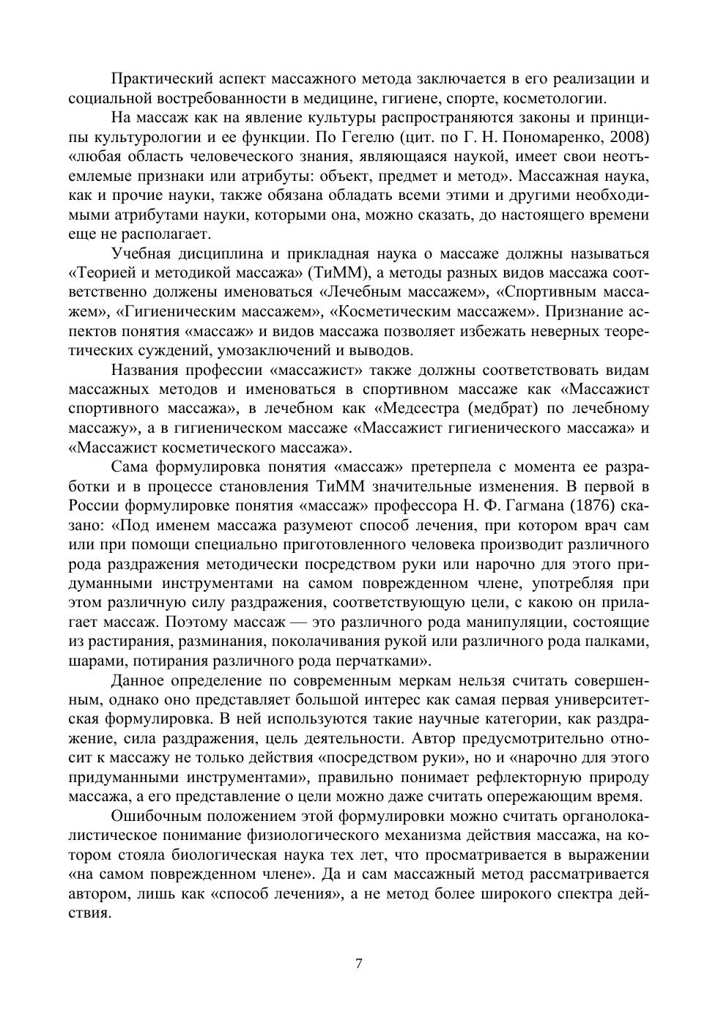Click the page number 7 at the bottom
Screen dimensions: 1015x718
click(358, 964)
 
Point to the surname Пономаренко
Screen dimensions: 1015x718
click(554, 137)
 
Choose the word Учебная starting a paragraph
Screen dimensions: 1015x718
click(143, 254)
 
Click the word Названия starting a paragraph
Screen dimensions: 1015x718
click(147, 370)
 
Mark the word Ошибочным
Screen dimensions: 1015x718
click(157, 816)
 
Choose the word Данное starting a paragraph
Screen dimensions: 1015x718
click(138, 680)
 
